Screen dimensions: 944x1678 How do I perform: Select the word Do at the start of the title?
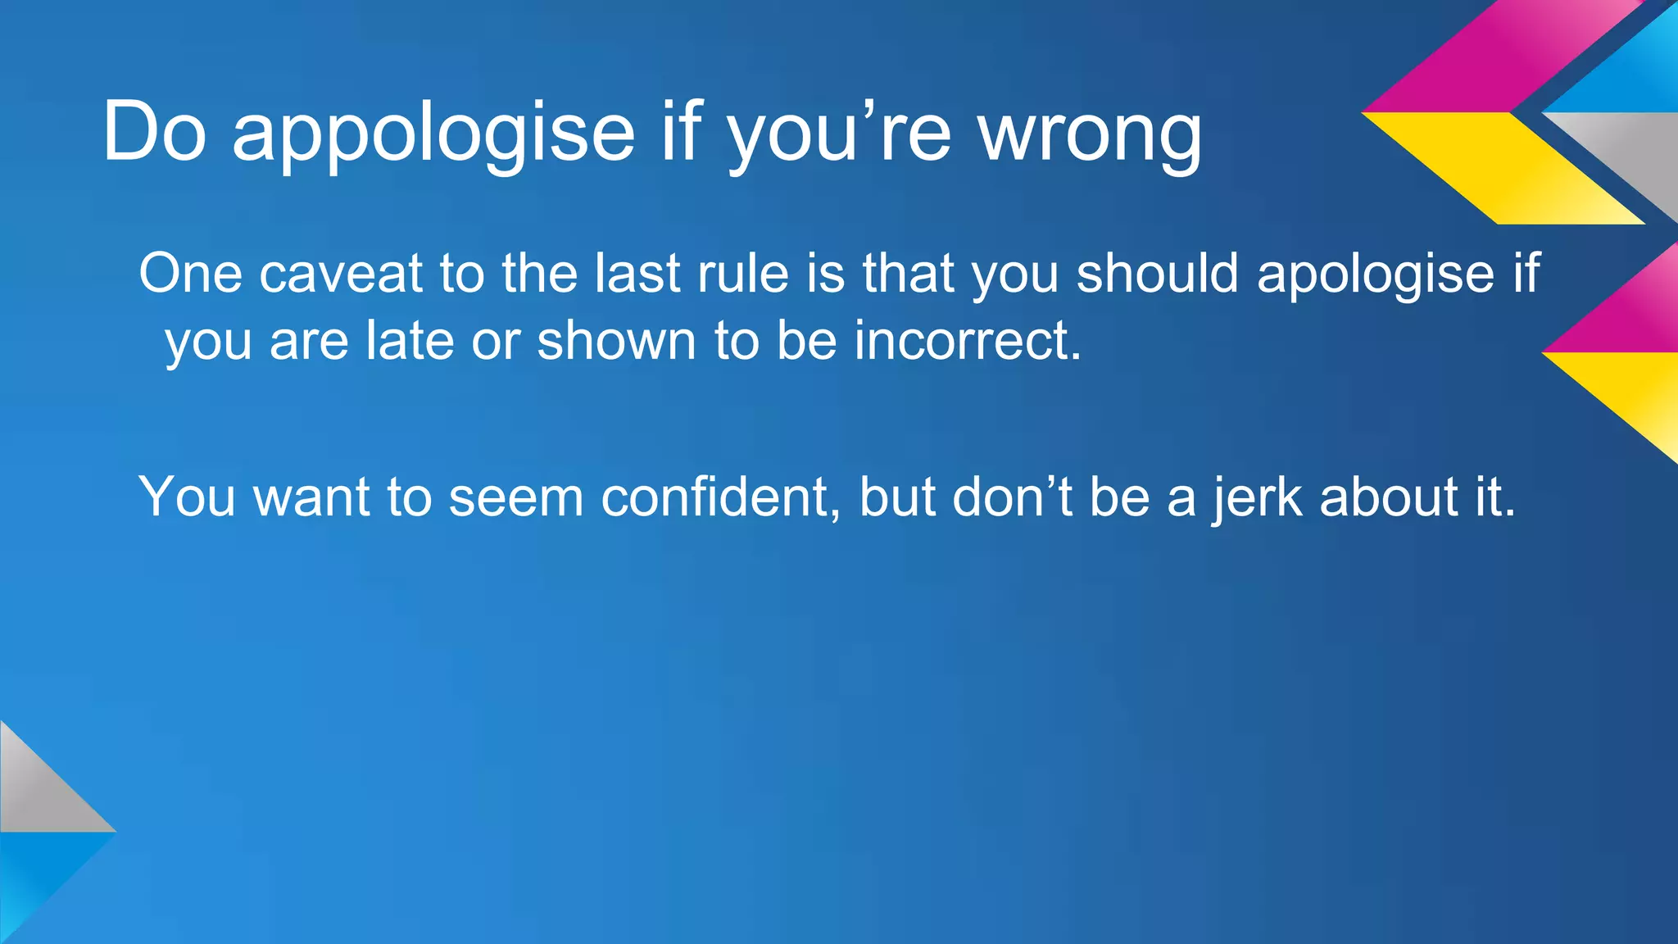coord(154,131)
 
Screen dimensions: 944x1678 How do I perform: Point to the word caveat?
coord(340,273)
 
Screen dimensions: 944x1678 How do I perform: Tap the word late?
coord(409,340)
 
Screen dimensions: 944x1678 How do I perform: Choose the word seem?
coord(515,497)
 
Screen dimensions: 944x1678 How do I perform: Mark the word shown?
coord(616,340)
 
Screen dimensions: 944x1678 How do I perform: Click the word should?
coord(1157,273)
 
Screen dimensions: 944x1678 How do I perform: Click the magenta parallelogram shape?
coord(1499,57)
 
